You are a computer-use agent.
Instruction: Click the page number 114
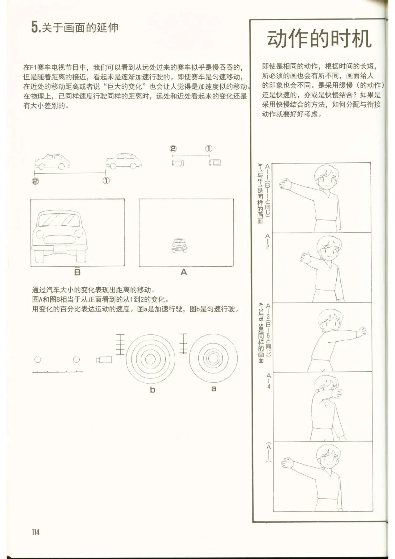(x=35, y=532)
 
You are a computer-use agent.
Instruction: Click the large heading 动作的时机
(x=319, y=39)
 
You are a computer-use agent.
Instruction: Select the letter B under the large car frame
(x=77, y=272)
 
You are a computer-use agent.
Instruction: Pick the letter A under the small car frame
(x=184, y=272)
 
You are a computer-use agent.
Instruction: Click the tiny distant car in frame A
(x=179, y=245)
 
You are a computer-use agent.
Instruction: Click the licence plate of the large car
(x=60, y=248)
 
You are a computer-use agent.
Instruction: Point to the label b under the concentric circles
(x=152, y=390)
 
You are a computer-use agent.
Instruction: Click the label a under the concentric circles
(x=214, y=389)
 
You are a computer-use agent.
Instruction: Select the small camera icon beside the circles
(x=104, y=360)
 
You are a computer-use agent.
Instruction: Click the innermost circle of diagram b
(x=150, y=359)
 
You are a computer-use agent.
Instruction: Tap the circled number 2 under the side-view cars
(x=35, y=181)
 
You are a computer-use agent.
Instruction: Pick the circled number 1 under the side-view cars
(x=106, y=181)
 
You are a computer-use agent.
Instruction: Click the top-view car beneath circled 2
(x=178, y=163)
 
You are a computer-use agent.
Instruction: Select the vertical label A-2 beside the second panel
(x=268, y=241)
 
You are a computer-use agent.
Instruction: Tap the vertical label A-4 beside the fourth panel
(x=268, y=381)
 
